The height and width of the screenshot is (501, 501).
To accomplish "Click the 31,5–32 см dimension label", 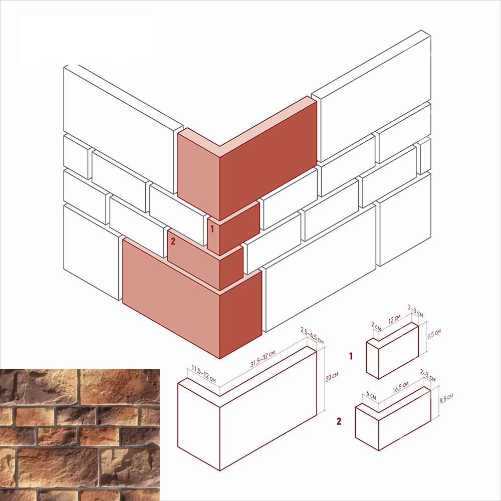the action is point(263,359).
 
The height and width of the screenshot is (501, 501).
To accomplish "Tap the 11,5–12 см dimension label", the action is point(203,374).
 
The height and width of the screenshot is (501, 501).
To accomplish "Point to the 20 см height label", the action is point(332,376).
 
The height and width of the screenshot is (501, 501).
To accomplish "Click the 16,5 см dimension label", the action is point(401,387).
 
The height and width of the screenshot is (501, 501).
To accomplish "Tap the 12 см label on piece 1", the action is point(394,319).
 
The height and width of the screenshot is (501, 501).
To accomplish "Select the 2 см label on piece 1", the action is point(376,326).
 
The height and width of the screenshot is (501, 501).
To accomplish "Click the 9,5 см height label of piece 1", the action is point(434,334).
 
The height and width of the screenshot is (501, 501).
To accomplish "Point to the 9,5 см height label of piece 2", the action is point(446,398).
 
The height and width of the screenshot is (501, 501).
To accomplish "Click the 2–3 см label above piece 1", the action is point(415,311).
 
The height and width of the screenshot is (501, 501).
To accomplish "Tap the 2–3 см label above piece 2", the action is point(427,375).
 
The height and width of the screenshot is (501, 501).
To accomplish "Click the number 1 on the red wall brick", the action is point(212,229).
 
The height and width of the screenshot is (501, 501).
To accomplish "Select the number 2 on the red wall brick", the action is point(173,241).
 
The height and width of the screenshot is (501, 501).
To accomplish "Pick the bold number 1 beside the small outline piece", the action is point(351,356).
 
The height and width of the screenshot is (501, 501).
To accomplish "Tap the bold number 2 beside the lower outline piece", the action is point(339,421).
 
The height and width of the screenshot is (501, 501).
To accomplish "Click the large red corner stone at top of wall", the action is point(247,159).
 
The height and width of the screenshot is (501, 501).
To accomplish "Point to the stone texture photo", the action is point(80,435).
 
